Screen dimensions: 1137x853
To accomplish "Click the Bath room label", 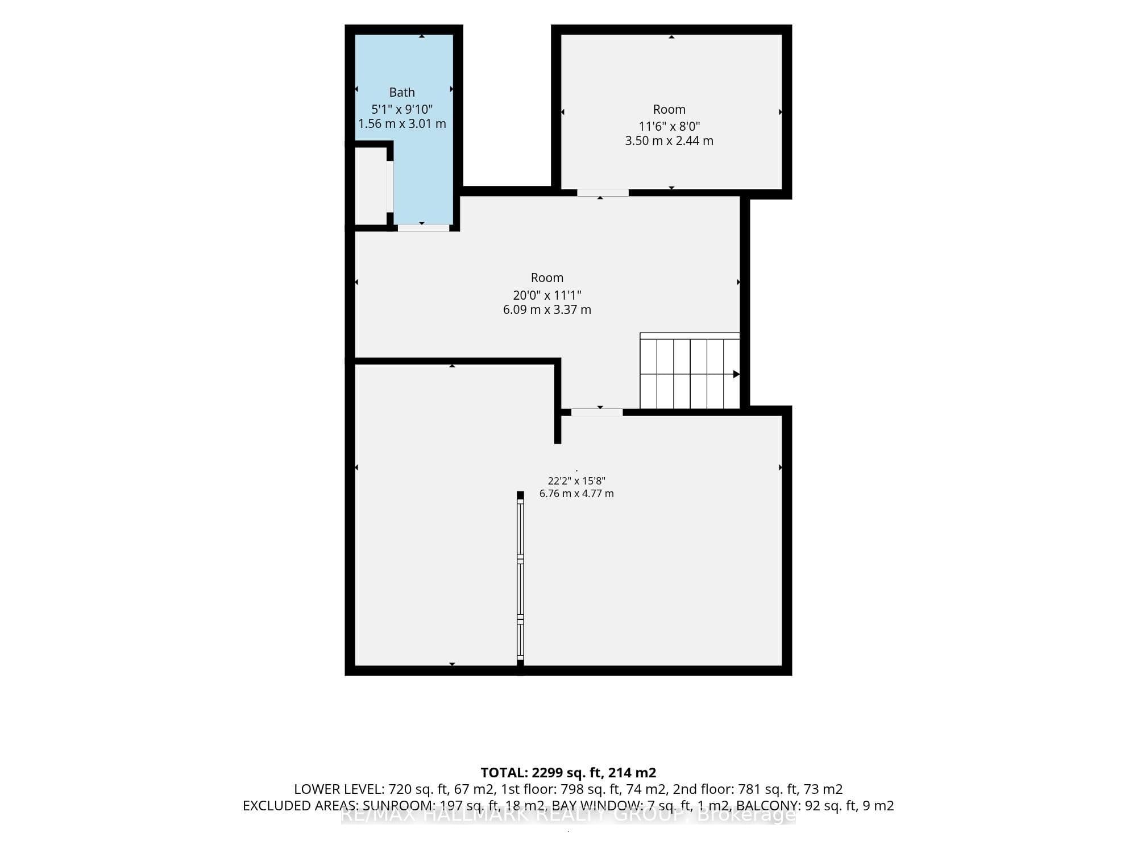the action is pyautogui.click(x=402, y=92).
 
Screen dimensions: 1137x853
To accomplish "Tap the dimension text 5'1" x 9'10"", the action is pyautogui.click(x=402, y=109).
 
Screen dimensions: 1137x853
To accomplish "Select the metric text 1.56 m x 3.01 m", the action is pyautogui.click(x=402, y=123).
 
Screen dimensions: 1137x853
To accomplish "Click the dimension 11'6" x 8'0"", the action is pyautogui.click(x=669, y=126).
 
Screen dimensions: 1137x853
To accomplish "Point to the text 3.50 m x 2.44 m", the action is pyautogui.click(x=669, y=140).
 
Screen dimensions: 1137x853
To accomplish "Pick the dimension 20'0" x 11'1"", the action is pyautogui.click(x=547, y=295).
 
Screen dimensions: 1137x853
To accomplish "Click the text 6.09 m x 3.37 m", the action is pyautogui.click(x=547, y=309).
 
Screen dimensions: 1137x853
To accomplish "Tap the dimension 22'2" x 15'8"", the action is pyautogui.click(x=576, y=481).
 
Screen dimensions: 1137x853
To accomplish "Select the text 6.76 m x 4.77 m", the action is pyautogui.click(x=576, y=494).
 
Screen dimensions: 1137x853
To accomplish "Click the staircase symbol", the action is pyautogui.click(x=690, y=371).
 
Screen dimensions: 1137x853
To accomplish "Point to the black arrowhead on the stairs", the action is pyautogui.click(x=736, y=374).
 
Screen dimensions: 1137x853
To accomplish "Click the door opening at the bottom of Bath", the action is pyautogui.click(x=424, y=228).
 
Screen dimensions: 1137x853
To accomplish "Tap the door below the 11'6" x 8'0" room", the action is pyautogui.click(x=603, y=193).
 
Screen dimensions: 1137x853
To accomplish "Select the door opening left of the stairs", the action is pyautogui.click(x=597, y=412).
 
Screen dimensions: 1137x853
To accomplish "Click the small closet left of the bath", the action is pyautogui.click(x=370, y=186).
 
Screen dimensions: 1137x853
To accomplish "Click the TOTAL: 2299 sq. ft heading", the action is pyautogui.click(x=568, y=772).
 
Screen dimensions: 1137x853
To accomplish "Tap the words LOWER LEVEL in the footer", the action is pyautogui.click(x=338, y=789).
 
